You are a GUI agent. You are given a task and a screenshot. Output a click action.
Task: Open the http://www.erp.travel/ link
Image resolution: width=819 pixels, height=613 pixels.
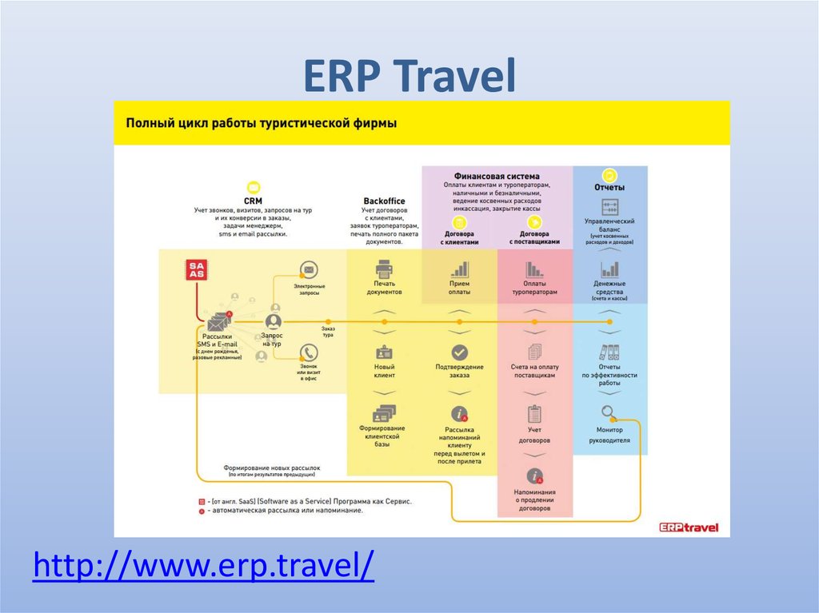204,566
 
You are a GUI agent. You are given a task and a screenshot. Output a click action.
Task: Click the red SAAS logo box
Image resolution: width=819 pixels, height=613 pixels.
196,269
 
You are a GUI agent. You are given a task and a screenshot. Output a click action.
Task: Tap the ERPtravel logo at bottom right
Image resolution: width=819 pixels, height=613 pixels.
689,527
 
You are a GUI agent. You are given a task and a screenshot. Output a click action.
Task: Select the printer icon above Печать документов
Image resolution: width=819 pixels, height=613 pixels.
384,269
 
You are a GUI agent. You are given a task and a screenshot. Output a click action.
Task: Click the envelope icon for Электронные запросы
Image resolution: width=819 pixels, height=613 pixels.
309,269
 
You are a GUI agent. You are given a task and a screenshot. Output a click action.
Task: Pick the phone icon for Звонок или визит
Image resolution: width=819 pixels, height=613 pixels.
309,352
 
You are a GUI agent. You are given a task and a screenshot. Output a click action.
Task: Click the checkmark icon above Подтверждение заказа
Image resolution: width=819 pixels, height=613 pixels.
459,352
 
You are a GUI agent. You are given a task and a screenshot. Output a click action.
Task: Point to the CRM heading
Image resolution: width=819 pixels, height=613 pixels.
253,201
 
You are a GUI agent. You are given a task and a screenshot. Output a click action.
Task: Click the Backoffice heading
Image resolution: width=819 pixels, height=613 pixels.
384,201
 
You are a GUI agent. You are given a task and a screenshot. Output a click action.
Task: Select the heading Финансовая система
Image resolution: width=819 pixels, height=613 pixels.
497,176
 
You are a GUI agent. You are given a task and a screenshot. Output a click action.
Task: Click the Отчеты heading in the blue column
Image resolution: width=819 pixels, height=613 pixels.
609,187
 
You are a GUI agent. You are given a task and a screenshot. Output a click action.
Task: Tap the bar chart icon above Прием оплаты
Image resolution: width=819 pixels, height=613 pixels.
459,269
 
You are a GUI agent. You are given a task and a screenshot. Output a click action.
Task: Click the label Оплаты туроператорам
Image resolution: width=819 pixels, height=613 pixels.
534,288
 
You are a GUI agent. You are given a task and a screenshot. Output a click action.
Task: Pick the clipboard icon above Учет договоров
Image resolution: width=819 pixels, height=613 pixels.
534,414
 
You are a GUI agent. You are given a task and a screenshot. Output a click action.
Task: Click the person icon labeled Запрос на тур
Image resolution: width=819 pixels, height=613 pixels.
273,320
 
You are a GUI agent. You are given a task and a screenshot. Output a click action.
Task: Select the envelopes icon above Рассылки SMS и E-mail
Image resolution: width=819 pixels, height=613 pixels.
218,322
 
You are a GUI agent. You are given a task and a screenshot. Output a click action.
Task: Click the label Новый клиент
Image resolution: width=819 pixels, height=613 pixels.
384,371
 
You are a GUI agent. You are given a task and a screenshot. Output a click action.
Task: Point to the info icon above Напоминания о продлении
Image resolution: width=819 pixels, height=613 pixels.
534,476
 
